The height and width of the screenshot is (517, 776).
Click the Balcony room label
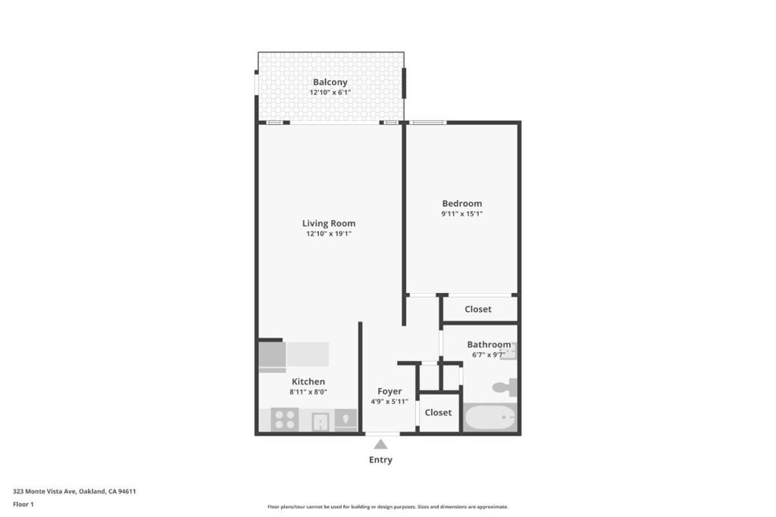(x=330, y=82)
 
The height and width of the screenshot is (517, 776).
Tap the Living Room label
(x=329, y=223)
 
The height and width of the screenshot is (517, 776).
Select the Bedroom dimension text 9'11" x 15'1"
(x=462, y=214)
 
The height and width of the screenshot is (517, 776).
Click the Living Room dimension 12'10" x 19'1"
(x=329, y=234)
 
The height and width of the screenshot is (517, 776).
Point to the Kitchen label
(x=308, y=382)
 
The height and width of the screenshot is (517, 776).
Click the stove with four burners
(x=285, y=419)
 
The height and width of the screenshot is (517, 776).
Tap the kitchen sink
(x=321, y=422)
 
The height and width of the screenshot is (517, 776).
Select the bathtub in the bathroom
(x=490, y=417)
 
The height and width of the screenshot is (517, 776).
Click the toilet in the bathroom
(x=505, y=387)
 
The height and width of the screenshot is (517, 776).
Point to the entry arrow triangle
(x=380, y=444)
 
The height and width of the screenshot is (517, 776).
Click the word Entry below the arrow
(x=380, y=459)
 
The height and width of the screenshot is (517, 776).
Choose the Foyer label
(x=390, y=391)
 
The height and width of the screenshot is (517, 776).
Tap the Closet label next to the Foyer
(x=438, y=413)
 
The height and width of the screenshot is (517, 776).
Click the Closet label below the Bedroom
(x=478, y=310)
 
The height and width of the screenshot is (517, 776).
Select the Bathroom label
(x=489, y=344)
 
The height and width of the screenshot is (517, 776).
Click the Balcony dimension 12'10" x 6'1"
(x=330, y=92)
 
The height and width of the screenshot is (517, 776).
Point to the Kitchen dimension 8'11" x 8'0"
(x=308, y=392)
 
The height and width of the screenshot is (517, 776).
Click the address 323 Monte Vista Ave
(x=44, y=491)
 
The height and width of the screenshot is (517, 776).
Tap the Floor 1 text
(x=23, y=504)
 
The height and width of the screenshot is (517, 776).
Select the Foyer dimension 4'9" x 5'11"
(x=390, y=402)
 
